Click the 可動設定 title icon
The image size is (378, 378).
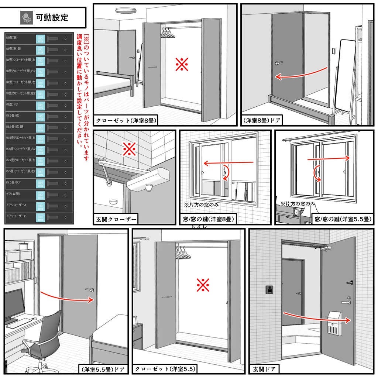[26, 17]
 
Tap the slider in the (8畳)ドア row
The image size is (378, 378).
[52, 106]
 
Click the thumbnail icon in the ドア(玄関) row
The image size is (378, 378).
[40, 195]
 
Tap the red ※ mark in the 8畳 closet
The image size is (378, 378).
[182, 65]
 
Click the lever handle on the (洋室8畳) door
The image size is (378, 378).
[278, 63]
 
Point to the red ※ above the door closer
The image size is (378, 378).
[130, 149]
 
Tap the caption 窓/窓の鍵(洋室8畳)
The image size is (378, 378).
[208, 220]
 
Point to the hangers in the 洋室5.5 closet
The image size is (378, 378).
[181, 252]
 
